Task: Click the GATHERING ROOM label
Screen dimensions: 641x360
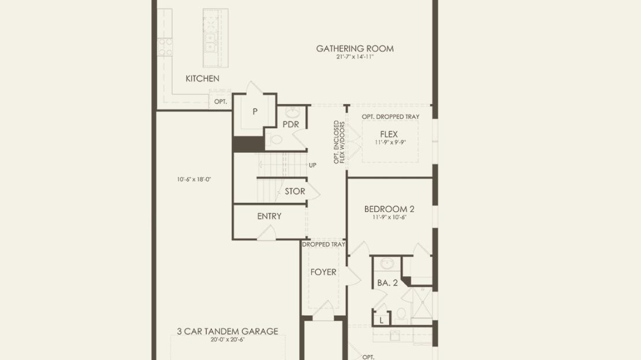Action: pyautogui.click(x=355, y=49)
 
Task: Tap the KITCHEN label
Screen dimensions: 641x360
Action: pyautogui.click(x=202, y=79)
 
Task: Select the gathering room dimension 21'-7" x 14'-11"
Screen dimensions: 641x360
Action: pyautogui.click(x=355, y=57)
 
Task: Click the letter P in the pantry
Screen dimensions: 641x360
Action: pyautogui.click(x=255, y=112)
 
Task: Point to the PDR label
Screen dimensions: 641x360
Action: pyautogui.click(x=290, y=124)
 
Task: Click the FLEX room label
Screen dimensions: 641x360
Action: pyautogui.click(x=389, y=134)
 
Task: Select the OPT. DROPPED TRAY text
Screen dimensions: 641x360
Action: pyautogui.click(x=390, y=117)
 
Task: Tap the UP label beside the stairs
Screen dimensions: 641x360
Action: pyautogui.click(x=313, y=165)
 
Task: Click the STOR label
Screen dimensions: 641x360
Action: pyautogui.click(x=295, y=191)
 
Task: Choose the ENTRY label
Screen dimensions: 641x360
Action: pyautogui.click(x=269, y=216)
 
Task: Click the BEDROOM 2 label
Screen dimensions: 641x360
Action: pyautogui.click(x=389, y=209)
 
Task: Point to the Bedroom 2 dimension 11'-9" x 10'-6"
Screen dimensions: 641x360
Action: pyautogui.click(x=389, y=217)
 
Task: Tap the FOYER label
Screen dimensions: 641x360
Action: pyautogui.click(x=323, y=272)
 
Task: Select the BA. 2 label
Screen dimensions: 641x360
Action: pyautogui.click(x=387, y=283)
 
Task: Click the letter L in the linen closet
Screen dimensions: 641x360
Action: pyautogui.click(x=381, y=320)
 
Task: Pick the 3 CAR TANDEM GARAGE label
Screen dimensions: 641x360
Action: pyautogui.click(x=228, y=331)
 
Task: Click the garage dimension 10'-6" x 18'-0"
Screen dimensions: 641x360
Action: pyautogui.click(x=194, y=179)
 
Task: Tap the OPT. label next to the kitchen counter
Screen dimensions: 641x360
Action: pyautogui.click(x=221, y=102)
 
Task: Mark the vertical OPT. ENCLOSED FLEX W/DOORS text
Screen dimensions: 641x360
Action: pyautogui.click(x=339, y=142)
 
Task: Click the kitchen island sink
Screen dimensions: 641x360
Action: pyautogui.click(x=211, y=43)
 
